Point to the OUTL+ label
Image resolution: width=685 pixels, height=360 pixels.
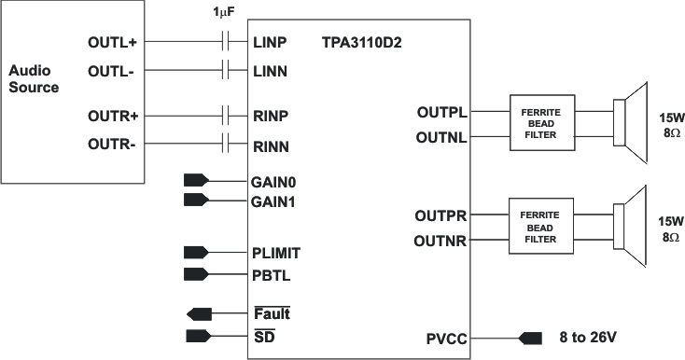click(x=113, y=43)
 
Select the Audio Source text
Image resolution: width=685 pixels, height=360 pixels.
click(x=33, y=79)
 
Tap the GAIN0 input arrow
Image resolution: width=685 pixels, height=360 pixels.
click(x=198, y=180)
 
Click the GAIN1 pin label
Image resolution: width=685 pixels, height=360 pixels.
click(x=275, y=201)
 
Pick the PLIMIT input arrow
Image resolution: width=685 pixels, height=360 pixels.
click(x=198, y=251)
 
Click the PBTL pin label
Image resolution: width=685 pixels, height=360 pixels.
click(x=272, y=273)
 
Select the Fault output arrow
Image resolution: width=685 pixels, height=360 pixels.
click(x=200, y=313)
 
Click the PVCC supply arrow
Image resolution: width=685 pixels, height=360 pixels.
click(x=530, y=337)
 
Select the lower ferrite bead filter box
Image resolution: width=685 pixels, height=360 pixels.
click(x=541, y=227)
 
